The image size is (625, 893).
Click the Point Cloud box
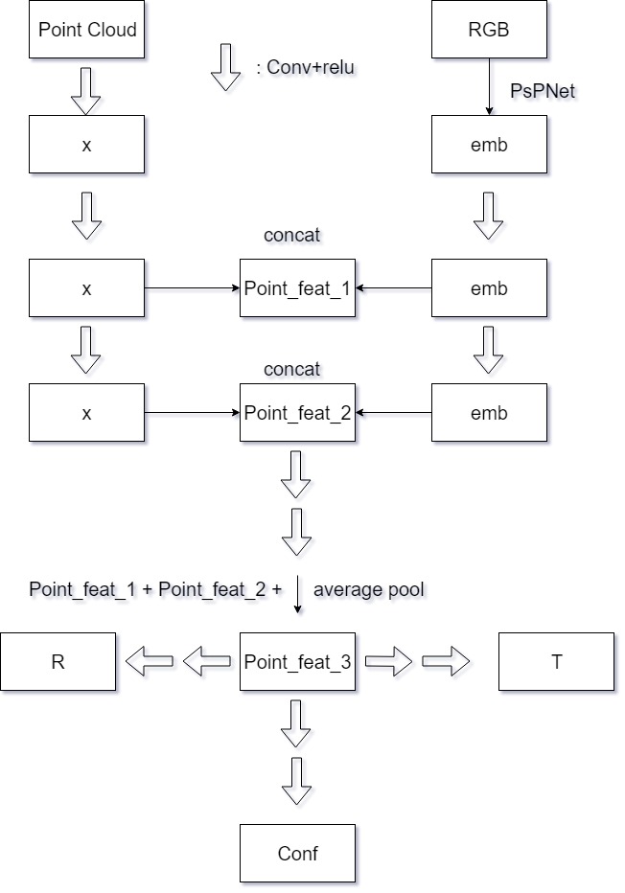click(86, 29)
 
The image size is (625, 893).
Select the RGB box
click(489, 29)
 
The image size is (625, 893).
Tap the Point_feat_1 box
click(297, 288)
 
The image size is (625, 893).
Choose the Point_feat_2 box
click(297, 413)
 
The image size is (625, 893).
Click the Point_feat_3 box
click(297, 661)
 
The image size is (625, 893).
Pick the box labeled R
click(58, 661)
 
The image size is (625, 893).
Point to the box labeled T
click(556, 661)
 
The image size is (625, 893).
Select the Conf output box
click(297, 853)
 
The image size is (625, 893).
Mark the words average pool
click(368, 589)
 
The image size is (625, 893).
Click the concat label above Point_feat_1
click(291, 236)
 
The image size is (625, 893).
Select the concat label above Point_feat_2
click(291, 368)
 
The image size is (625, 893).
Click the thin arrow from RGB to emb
click(489, 86)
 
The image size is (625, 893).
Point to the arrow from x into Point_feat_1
click(192, 288)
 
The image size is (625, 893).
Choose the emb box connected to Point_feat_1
click(489, 288)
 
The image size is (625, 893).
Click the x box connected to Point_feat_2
click(86, 413)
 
